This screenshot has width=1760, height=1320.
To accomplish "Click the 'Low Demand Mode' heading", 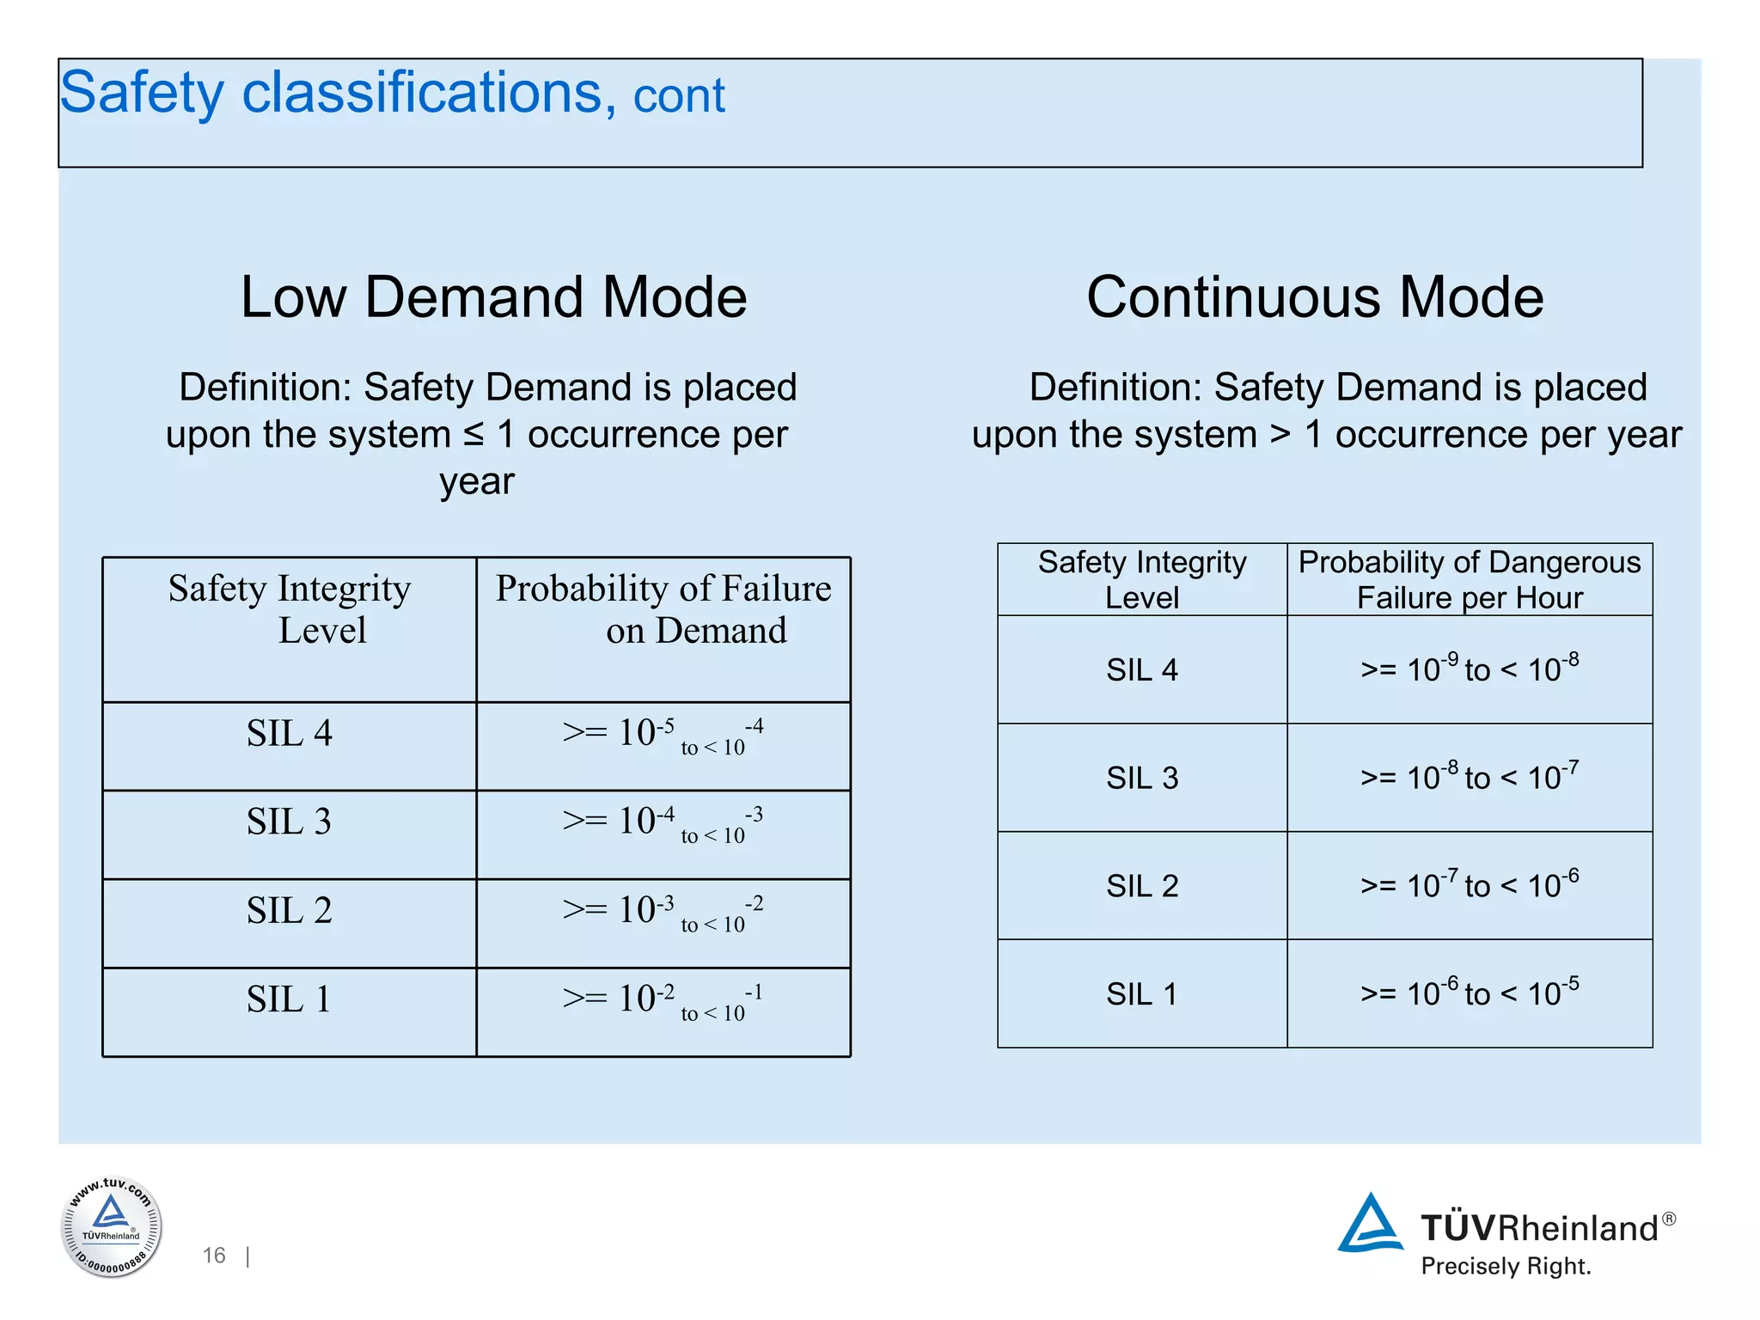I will (493, 297).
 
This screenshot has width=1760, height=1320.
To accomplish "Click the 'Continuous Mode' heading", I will (1315, 297).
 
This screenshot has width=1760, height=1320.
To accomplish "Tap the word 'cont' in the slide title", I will (679, 95).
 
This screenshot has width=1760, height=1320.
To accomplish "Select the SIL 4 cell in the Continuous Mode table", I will (1141, 669).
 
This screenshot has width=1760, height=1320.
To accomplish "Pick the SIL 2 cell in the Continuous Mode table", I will (1141, 886).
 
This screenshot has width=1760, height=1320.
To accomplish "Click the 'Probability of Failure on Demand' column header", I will (663, 609).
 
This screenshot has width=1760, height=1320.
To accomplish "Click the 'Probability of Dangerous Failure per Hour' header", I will (1470, 580).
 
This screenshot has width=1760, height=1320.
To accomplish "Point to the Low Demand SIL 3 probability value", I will (663, 824).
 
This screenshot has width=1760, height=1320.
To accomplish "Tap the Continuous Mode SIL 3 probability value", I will (1470, 777).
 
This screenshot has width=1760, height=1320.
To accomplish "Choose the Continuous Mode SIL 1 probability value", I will (1470, 993).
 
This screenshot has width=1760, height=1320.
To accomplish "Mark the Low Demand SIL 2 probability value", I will (663, 913).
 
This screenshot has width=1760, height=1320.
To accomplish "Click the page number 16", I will (214, 1256).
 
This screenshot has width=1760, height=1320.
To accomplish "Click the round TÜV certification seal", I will (111, 1227).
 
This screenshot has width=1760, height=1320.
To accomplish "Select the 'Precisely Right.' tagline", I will (1506, 1267).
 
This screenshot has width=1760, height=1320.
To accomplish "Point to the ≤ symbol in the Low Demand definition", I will (474, 435).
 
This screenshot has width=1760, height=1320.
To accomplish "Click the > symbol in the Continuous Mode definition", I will (1280, 435).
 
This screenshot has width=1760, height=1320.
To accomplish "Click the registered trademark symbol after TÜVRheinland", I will (1668, 1219).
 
